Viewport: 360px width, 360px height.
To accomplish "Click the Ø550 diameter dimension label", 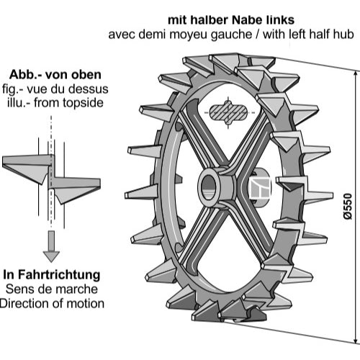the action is (x=348, y=206).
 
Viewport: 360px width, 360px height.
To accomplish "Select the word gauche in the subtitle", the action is (x=231, y=35).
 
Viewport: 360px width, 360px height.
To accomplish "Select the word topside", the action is (x=83, y=104).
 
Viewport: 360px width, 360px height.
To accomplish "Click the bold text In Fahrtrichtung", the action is (x=52, y=275).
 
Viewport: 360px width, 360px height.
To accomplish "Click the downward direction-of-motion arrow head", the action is (x=51, y=256).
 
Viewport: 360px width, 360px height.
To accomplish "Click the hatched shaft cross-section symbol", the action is (x=228, y=112).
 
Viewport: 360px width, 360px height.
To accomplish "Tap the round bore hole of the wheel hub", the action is (x=208, y=185).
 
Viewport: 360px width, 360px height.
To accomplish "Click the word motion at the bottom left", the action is (x=85, y=304).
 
